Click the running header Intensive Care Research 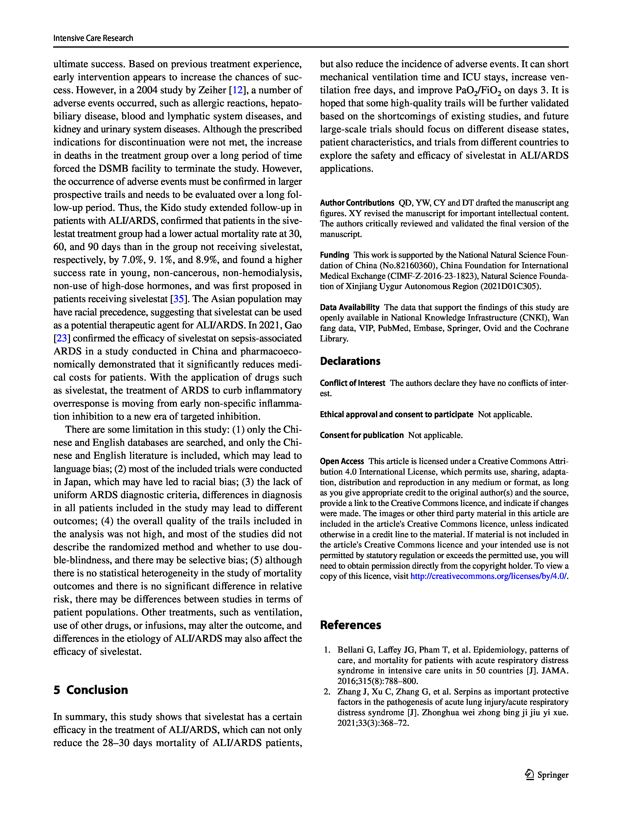(93, 38)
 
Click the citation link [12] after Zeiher (238, 90)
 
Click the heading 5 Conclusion (91, 690)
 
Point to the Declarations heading (350, 361)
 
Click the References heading (350, 625)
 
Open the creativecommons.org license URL (488, 576)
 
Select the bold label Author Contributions (357, 203)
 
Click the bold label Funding (334, 255)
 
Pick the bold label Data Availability (349, 307)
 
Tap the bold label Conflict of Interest (352, 383)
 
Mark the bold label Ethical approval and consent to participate (396, 414)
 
